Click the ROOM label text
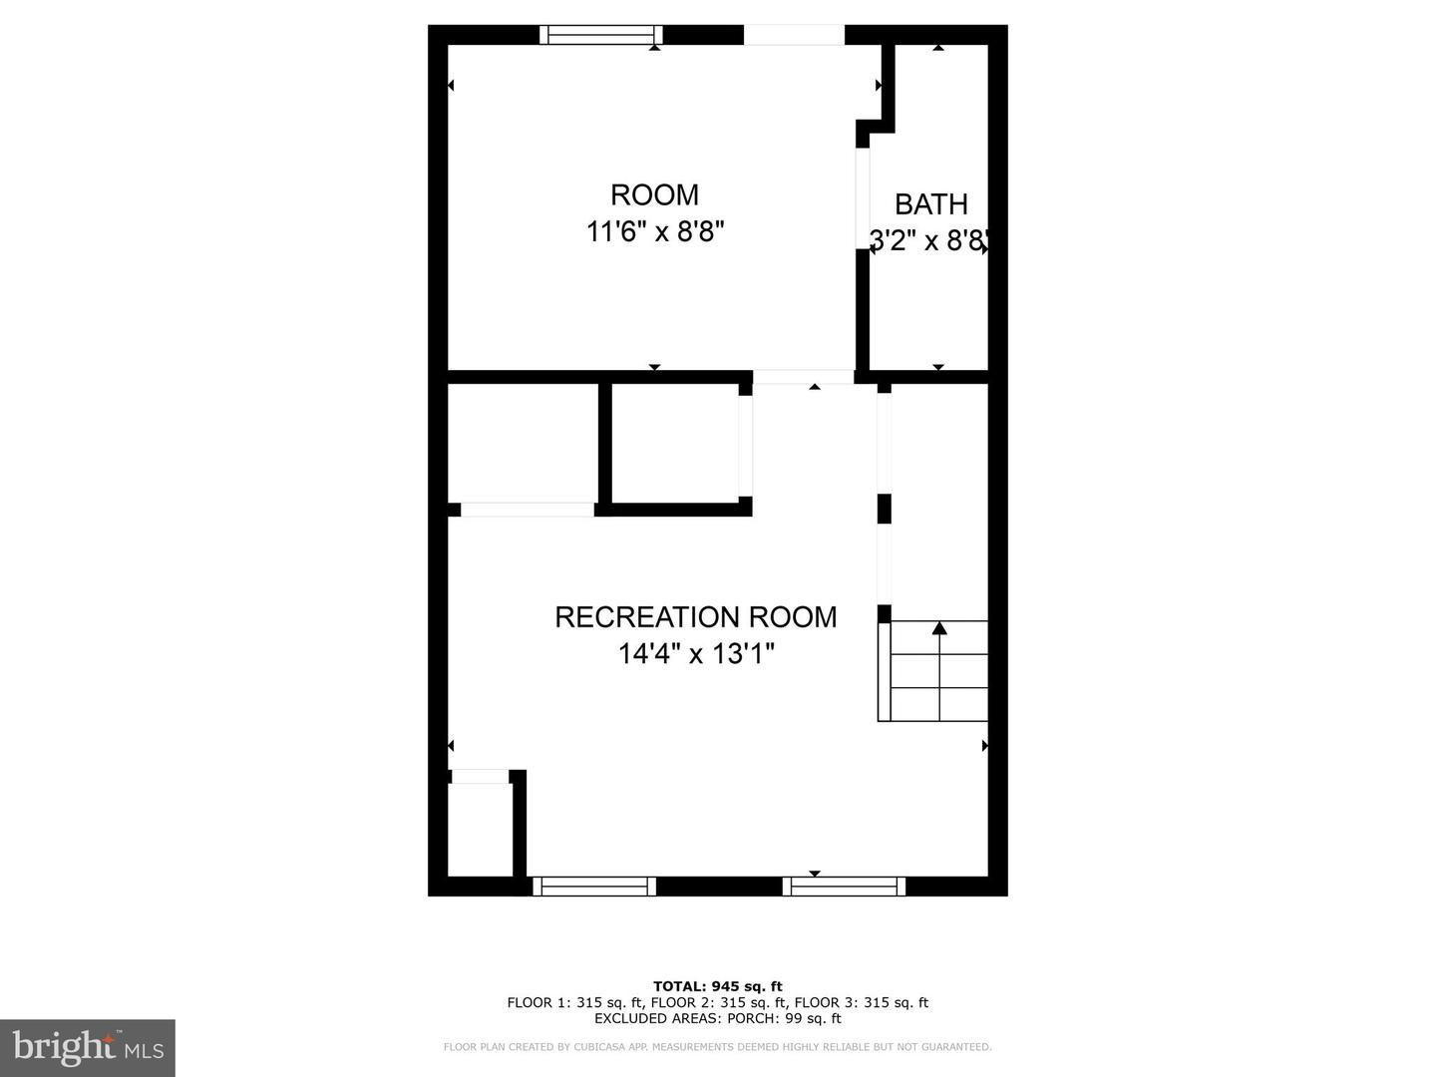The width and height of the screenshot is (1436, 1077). click(654, 194)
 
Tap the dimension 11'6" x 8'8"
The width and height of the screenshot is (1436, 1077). click(654, 232)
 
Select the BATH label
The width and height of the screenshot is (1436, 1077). click(930, 204)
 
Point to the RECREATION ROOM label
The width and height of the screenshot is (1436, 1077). click(695, 617)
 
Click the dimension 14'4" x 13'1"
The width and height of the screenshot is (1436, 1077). click(695, 654)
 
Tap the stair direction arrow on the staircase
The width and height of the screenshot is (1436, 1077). click(939, 628)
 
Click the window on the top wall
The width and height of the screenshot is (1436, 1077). click(601, 35)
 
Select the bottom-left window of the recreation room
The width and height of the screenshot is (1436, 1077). click(594, 887)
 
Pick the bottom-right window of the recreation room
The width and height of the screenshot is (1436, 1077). click(844, 887)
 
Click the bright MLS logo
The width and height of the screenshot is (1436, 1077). click(87, 1047)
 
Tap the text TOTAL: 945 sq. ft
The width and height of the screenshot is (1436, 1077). click(718, 987)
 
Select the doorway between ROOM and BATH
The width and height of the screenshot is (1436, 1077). click(863, 198)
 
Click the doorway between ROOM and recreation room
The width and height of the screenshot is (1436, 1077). click(803, 377)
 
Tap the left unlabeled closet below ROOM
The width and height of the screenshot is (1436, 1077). click(523, 443)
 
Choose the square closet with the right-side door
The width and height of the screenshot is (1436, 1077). click(674, 443)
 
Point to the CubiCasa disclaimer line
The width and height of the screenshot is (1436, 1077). click(718, 1047)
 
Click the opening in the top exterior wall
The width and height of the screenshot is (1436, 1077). click(794, 35)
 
